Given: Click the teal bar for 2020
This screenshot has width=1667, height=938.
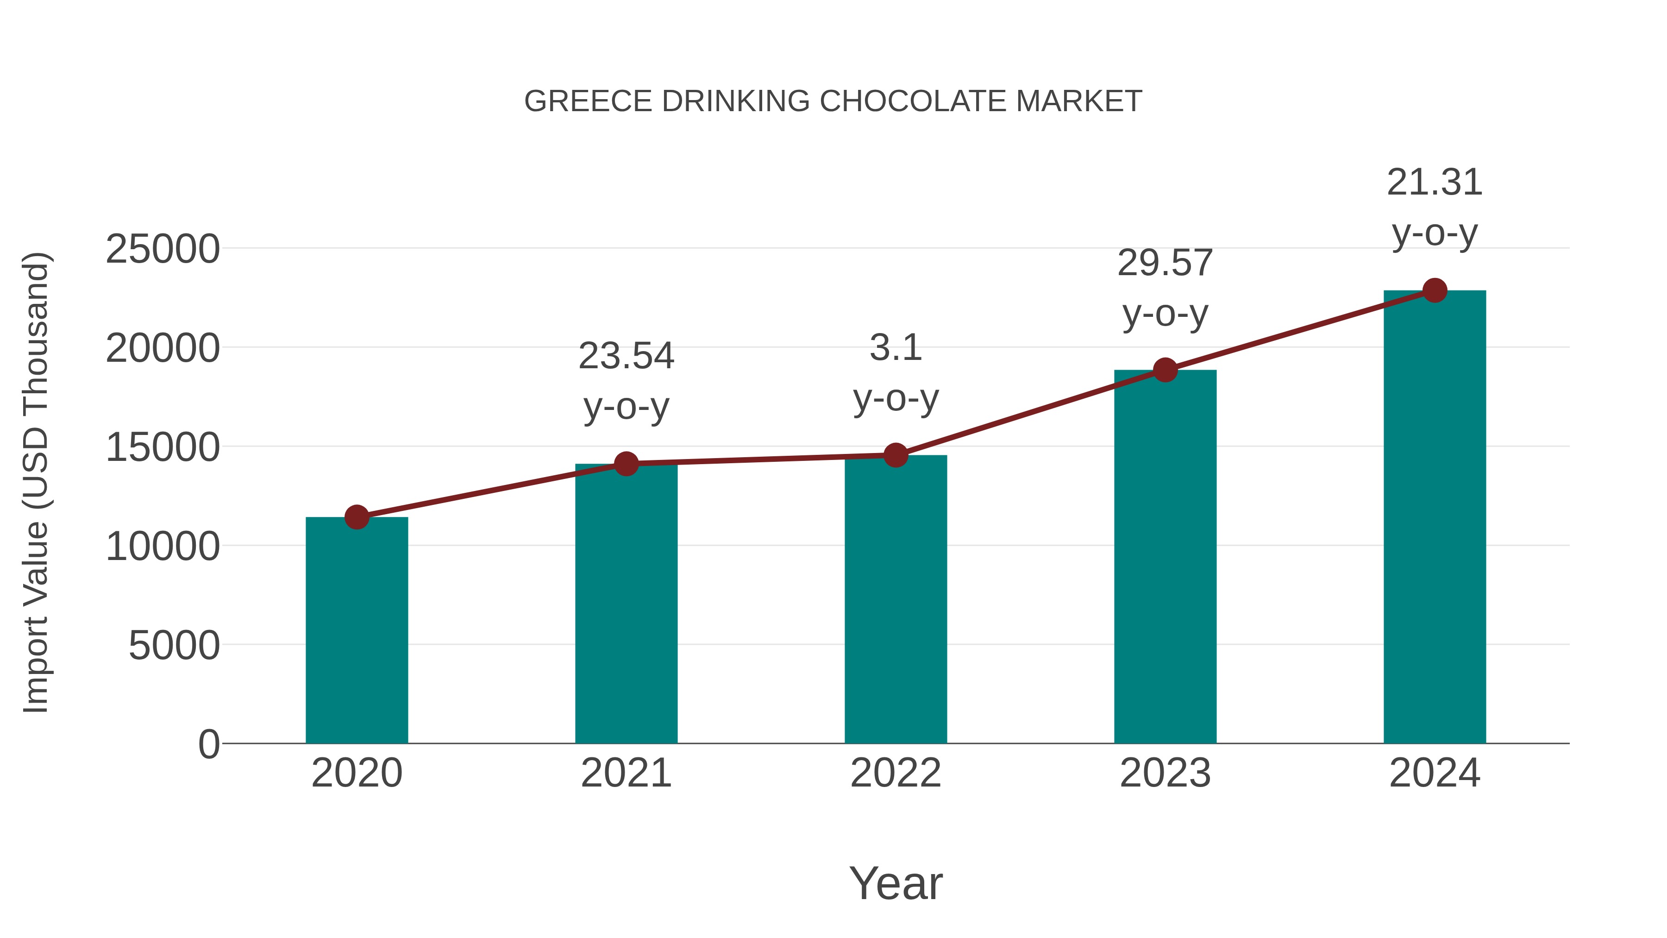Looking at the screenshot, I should click(357, 631).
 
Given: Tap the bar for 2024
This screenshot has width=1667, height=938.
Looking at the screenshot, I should click(1435, 518).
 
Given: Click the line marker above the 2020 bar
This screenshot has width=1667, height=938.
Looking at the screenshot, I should click(357, 517).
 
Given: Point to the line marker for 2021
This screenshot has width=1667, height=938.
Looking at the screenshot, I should click(626, 464).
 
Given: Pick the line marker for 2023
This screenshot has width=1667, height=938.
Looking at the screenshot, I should click(1165, 370).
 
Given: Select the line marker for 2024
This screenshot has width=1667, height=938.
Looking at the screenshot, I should click(1435, 290).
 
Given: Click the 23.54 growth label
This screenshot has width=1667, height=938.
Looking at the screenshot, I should click(626, 356).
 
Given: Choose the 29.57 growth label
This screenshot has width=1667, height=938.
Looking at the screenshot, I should click(1165, 264).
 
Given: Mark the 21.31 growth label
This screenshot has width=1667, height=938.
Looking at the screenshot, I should click(1435, 183).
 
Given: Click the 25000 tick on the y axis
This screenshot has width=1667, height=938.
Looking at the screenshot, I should click(163, 249).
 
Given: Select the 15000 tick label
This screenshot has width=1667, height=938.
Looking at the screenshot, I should click(163, 447).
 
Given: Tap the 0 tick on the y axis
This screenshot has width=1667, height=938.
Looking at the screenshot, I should click(208, 744).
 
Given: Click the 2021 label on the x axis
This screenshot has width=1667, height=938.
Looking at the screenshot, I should click(626, 773).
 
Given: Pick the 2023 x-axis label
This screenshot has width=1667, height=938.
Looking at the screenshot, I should click(1165, 773).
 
